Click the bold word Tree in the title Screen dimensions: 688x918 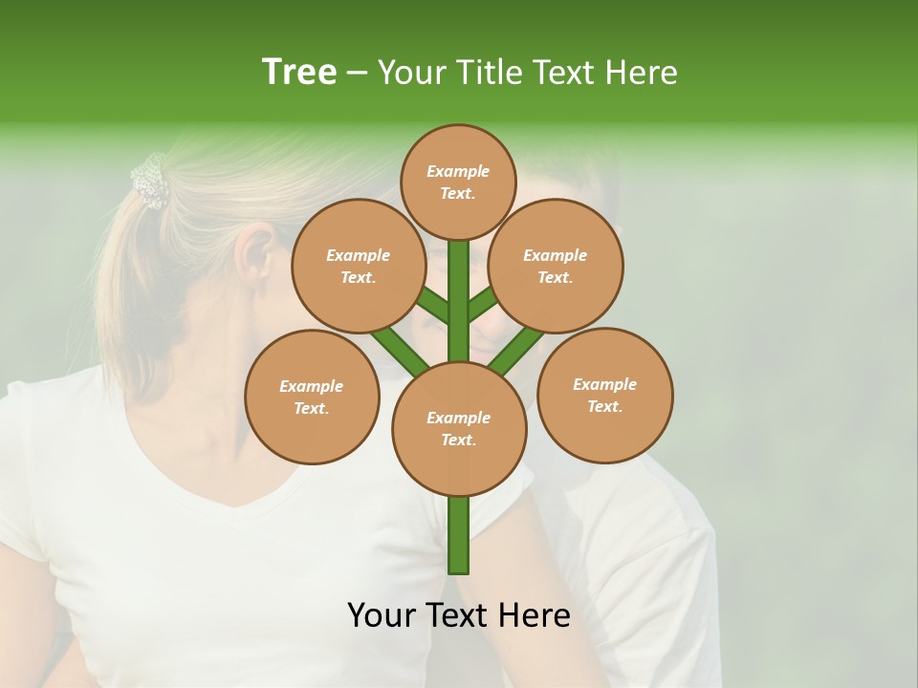coord(299,72)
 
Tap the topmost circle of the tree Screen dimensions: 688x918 coord(458,182)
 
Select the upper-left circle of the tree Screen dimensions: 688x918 coord(358,266)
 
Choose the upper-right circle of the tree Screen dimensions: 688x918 coord(556,266)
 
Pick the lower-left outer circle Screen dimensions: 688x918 coord(312,397)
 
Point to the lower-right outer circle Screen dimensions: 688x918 coord(604,395)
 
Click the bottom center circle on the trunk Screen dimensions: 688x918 coord(459,429)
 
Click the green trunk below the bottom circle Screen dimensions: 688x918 coord(459,535)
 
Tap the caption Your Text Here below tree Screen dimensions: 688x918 coord(459,615)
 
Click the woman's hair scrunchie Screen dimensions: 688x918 coord(149,182)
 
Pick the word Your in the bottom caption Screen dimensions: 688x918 coord(382,615)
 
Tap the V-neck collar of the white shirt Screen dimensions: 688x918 coord(239,497)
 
